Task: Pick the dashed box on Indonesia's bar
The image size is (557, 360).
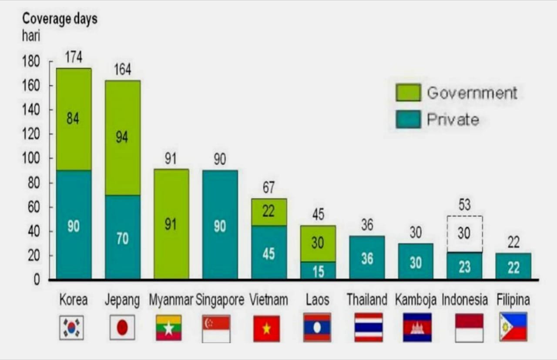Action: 464,233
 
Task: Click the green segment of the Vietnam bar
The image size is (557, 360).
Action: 269,212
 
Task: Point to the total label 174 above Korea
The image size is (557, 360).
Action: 74,57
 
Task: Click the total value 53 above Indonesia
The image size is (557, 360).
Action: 464,204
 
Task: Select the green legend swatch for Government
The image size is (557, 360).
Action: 408,93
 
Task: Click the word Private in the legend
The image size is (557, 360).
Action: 453,120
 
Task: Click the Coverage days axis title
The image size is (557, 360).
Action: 60,19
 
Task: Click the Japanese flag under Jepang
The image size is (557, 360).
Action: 122,327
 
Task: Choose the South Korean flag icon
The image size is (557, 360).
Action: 71,327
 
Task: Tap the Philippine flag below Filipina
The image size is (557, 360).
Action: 513,327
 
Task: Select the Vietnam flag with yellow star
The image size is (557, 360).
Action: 266,328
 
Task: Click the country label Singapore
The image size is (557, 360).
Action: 220,300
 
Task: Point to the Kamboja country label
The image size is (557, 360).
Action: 416,300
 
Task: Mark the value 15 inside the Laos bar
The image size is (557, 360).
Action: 318,271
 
